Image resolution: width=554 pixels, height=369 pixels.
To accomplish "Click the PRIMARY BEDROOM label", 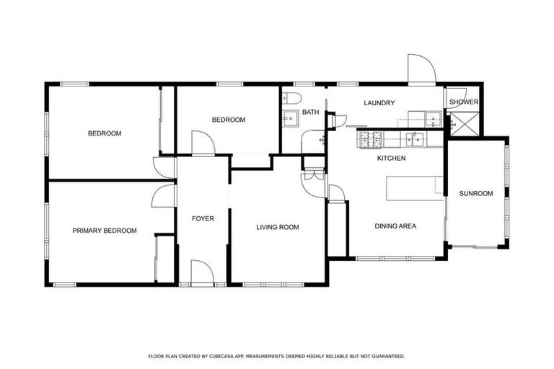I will click(x=105, y=231).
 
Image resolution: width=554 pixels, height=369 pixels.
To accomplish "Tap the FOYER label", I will click(x=203, y=218).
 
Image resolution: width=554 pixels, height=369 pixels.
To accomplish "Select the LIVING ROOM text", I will click(x=278, y=227).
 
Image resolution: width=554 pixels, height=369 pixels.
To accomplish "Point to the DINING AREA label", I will click(x=395, y=226).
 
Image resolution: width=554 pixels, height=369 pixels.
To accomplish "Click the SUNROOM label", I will click(x=476, y=193).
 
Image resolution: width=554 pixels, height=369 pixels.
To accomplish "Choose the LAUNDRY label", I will click(x=379, y=103).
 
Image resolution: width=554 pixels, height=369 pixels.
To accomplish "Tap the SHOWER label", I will click(x=463, y=102).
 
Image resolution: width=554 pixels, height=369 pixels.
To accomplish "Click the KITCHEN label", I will click(x=392, y=158).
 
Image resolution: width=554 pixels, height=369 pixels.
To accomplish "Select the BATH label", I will click(x=310, y=112).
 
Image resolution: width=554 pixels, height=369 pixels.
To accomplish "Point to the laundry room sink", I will click(x=432, y=119).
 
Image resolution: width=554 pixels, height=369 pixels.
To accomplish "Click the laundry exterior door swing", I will click(x=421, y=68).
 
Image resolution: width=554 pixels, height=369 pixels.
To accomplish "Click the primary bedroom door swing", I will click(x=165, y=195).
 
